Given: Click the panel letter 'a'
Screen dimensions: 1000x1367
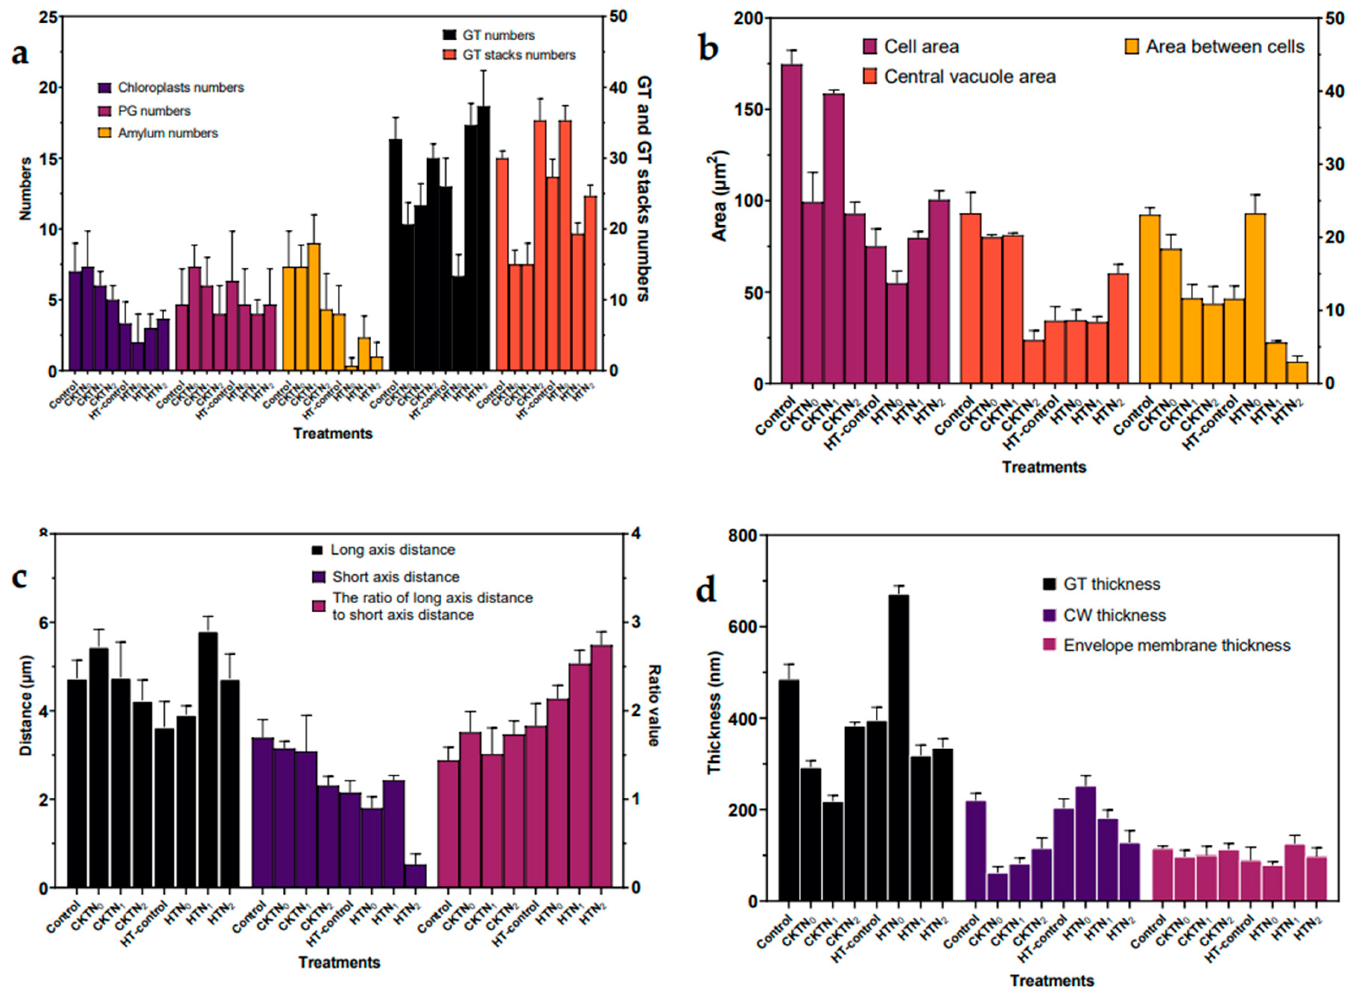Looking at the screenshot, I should click(20, 54).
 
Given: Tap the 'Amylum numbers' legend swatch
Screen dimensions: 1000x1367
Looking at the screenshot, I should click(105, 133).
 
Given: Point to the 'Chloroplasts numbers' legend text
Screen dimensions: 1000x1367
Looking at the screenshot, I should click(181, 88).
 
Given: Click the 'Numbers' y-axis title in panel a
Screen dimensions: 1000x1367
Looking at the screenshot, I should click(25, 189).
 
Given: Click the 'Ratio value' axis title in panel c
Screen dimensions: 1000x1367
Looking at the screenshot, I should click(655, 705).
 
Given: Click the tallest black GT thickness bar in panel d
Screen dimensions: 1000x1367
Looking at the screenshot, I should click(899, 748).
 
